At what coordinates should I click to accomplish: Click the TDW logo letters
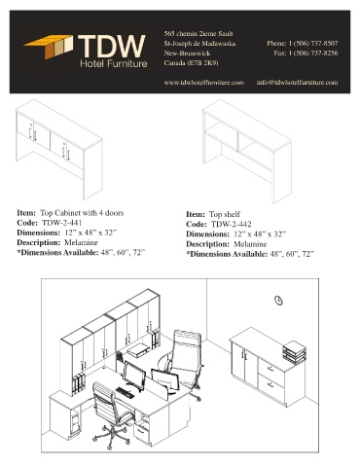112,46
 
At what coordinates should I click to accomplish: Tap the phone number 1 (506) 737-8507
313,43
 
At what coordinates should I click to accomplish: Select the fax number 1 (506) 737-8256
313,53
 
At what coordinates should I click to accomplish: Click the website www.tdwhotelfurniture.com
203,83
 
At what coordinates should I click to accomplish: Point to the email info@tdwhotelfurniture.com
297,83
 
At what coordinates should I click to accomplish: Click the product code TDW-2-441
62,223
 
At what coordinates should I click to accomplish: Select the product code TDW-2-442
232,224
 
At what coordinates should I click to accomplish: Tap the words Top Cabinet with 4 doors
82,213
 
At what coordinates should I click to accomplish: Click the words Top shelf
225,214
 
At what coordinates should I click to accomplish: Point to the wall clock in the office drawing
278,301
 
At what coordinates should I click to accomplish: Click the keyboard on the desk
125,393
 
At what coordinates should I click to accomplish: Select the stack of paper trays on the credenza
294,351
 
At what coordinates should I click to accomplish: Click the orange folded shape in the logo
49,47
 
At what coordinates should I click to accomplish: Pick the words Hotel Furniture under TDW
114,63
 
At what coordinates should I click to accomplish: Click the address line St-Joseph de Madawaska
199,44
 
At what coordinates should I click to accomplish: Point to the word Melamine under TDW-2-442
250,244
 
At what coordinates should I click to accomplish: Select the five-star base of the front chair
111,437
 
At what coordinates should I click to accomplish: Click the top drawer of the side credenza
271,369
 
